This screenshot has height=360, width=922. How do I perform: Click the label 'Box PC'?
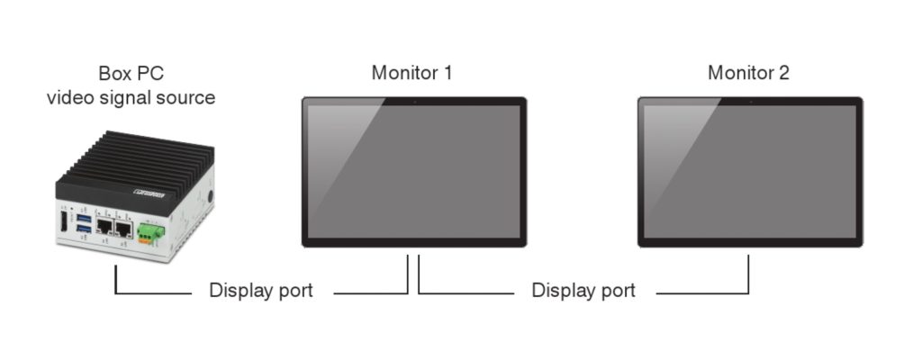coord(131,73)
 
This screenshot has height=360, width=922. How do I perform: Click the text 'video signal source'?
coord(131,97)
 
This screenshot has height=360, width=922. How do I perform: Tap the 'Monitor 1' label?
coord(411,73)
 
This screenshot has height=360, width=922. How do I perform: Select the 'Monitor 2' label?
coord(748,73)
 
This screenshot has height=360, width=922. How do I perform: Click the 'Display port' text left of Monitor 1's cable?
coord(261,291)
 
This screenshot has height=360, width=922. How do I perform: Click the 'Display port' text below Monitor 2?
coord(583,291)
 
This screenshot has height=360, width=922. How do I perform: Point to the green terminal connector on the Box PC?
coord(149,235)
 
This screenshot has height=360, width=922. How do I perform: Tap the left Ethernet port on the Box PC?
coord(104,229)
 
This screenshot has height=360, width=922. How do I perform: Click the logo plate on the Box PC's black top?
coord(148,191)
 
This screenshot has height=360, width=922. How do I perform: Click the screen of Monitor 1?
coord(413,171)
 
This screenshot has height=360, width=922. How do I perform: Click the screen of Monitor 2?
coord(750,171)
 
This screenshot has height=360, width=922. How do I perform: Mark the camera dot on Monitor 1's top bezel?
coord(413,102)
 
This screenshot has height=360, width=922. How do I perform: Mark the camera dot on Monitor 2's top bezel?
coord(750,102)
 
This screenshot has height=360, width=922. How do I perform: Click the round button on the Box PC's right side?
coord(209,197)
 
